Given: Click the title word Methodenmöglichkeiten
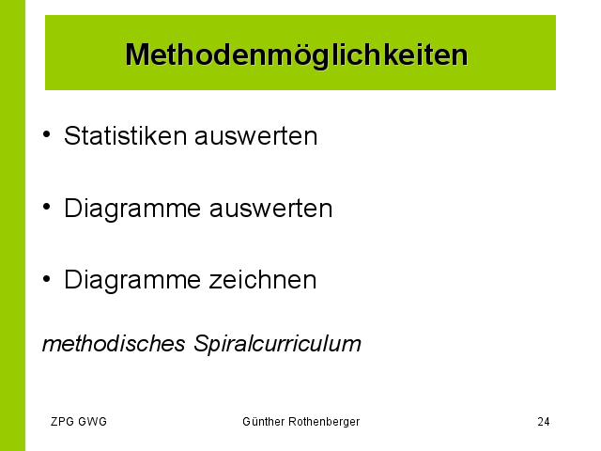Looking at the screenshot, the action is (x=297, y=55).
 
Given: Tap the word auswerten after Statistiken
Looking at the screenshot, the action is (x=256, y=136).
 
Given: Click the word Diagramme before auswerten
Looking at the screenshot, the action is (x=132, y=210).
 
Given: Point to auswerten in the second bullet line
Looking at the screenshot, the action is (x=270, y=209).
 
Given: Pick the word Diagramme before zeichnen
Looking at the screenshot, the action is (x=132, y=281).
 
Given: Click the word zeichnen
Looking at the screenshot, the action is (x=263, y=280).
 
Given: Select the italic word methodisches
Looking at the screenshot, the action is (x=114, y=343).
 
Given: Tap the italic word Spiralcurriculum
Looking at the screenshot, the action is (x=277, y=344).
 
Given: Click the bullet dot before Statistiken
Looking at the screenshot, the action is (x=46, y=134).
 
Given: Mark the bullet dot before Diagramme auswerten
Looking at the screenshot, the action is (x=46, y=207).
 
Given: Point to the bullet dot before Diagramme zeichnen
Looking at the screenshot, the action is (x=46, y=279).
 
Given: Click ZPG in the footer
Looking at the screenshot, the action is (x=62, y=422).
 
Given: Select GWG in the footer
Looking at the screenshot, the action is (x=92, y=422).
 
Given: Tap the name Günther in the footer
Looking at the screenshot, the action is (x=264, y=422).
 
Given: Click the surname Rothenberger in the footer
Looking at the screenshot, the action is (x=324, y=422).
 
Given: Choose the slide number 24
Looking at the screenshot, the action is (x=544, y=422).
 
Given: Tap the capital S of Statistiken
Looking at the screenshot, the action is (x=71, y=135).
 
